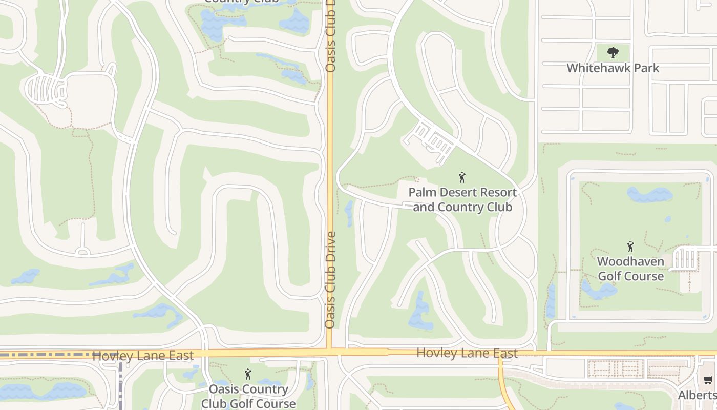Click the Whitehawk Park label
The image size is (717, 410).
coord(613,68)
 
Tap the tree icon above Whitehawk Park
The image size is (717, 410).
coord(613,52)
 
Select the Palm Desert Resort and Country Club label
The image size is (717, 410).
coord(462,200)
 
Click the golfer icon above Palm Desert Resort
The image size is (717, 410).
coord(462,178)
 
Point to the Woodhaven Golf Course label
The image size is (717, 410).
coord(630,269)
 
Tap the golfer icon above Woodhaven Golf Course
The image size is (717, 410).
coord(630,247)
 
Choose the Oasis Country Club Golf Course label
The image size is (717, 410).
coord(248,396)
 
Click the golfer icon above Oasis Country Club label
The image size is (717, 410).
coord(248,374)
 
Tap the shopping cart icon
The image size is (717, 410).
coord(708,380)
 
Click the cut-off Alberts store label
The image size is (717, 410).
coord(698,395)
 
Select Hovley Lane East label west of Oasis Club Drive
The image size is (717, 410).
coord(143,355)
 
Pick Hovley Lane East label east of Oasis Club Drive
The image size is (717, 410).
coord(467,353)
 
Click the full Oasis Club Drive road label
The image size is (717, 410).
coord(330,280)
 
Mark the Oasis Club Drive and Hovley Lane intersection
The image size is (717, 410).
coord(330,353)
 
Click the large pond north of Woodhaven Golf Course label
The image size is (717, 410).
coord(649,195)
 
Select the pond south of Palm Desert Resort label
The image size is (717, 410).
coord(420,313)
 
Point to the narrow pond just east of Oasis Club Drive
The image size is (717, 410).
coord(349,213)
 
